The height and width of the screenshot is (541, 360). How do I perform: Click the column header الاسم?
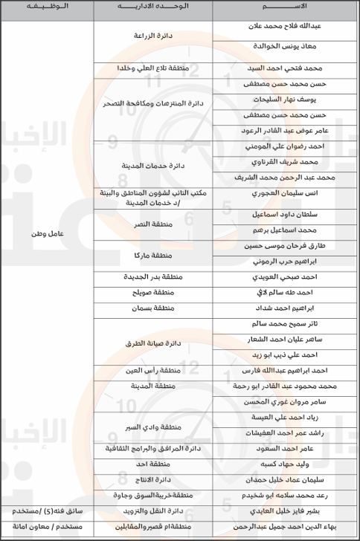(286, 7)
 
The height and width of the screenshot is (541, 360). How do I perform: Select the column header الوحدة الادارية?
(153, 7)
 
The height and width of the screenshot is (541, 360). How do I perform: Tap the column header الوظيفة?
(46, 7)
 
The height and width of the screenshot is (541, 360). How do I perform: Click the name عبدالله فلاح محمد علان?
(286, 25)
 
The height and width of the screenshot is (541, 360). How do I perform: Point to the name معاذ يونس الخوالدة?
(286, 46)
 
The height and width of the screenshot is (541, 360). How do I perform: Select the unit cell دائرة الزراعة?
(153, 35)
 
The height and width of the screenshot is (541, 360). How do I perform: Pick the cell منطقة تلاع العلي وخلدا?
(153, 68)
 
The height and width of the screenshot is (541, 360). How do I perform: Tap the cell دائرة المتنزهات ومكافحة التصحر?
(153, 103)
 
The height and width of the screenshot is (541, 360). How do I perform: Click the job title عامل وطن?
(46, 233)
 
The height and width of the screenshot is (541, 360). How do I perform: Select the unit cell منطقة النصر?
(153, 223)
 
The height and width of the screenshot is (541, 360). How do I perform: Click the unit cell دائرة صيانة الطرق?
(153, 343)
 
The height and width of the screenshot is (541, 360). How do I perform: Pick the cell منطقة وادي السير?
(153, 427)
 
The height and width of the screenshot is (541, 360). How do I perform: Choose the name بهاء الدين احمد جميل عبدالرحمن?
(286, 525)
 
